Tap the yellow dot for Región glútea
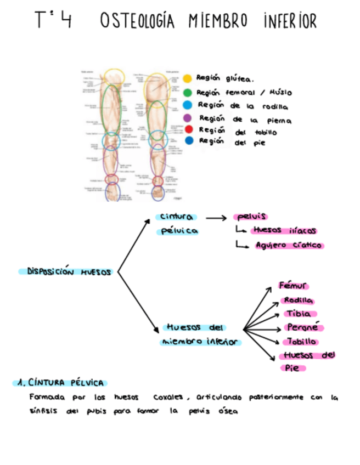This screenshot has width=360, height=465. point(187,80)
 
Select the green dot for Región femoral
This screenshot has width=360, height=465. point(187,93)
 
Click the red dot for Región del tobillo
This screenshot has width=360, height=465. point(188,129)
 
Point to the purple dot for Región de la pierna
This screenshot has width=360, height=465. point(188,117)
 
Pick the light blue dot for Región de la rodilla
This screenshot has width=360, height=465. point(188,105)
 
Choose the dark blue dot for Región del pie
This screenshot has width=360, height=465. point(188,141)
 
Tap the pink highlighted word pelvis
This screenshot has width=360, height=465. point(250,217)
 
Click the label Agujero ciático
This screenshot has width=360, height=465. point(289,246)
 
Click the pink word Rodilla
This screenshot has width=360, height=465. point(297,300)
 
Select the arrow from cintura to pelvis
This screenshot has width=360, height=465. point(215,218)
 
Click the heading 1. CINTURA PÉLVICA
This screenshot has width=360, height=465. point(61,382)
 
